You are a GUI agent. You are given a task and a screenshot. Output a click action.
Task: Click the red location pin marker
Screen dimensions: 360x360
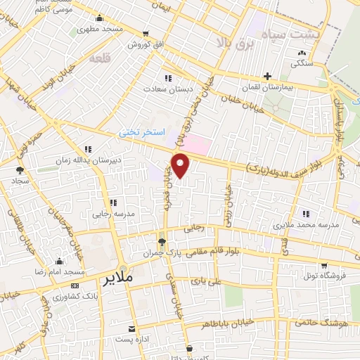coord(181,165)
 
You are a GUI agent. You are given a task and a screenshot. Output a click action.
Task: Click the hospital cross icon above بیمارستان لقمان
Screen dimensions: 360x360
coord(267,76)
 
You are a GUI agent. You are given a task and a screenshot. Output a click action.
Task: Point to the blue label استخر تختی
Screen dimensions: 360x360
coord(141,131)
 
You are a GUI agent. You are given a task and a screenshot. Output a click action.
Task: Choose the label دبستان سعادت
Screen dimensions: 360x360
coord(167,89)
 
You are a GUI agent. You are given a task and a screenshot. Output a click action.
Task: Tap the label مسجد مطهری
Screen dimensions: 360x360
coord(100,30)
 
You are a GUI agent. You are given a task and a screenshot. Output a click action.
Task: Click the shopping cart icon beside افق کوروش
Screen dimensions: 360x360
coord(146,33)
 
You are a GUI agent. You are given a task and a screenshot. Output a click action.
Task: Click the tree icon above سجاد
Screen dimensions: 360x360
coord(19,170)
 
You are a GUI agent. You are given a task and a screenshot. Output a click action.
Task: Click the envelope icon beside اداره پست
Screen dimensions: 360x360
coord(131,329)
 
